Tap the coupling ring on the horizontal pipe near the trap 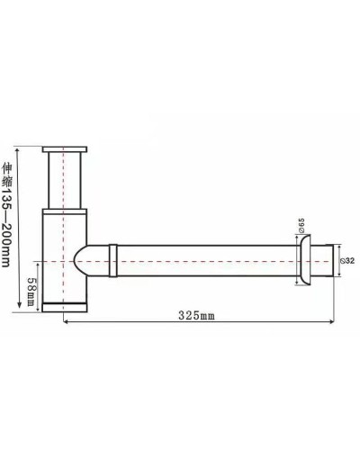[112, 260]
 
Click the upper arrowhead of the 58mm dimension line [38, 262]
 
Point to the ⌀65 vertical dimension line [294, 256]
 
